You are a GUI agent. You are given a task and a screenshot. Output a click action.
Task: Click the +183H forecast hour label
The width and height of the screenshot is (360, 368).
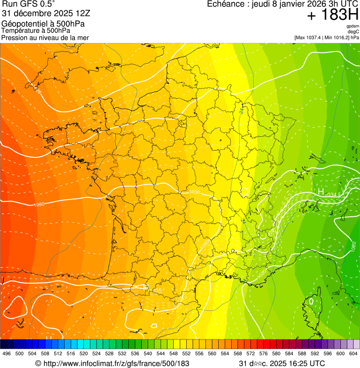tap(332, 15)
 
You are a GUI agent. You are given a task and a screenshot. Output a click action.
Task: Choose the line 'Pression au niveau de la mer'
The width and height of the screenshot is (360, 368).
tap(45, 37)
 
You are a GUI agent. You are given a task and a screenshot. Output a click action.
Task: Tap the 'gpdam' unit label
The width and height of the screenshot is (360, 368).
tap(353, 26)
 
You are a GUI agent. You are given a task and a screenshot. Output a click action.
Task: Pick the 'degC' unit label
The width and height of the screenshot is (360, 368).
tap(353, 31)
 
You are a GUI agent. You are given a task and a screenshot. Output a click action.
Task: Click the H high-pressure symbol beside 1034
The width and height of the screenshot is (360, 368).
tap(321, 191)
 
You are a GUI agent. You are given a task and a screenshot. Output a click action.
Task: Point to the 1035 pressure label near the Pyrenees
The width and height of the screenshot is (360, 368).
tap(155, 291)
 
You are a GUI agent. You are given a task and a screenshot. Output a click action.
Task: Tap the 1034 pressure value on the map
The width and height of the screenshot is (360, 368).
tap(331, 194)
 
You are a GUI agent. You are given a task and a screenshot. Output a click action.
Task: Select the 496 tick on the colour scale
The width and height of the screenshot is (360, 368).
tap(7, 353)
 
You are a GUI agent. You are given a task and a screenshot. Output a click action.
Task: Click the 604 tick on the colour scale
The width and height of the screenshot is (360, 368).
tap(353, 353)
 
